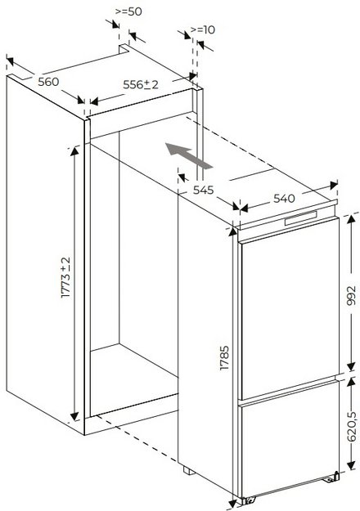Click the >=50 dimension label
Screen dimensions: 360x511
point(128,11)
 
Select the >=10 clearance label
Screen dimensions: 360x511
point(203,29)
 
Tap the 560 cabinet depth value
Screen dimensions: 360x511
point(48,82)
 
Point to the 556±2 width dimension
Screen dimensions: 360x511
point(141,85)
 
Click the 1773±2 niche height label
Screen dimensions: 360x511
point(65,277)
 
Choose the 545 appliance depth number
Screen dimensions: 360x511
point(203,190)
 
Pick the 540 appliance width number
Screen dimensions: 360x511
point(284,198)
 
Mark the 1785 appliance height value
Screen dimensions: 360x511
point(224,358)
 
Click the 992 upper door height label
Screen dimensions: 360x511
point(351,296)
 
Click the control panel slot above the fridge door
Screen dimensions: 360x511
point(300,217)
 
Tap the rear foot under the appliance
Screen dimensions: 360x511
point(189,471)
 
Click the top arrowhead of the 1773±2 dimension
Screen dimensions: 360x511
point(74,150)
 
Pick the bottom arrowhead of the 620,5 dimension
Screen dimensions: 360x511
point(351,465)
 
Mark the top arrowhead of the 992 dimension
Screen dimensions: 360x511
point(351,218)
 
